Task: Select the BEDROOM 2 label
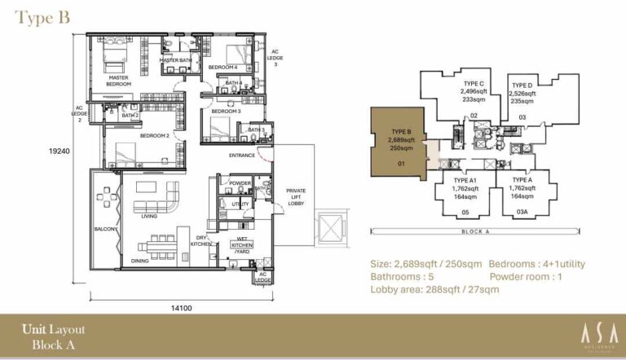[x=154, y=136]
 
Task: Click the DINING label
[x=140, y=261]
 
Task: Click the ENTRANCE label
[x=242, y=155]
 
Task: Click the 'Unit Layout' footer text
[x=53, y=330]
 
